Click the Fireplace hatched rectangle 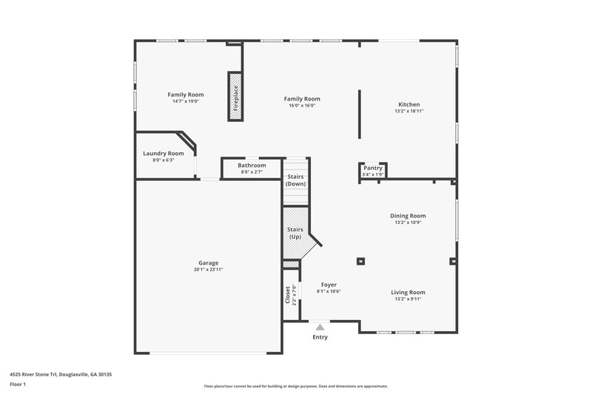point(235,96)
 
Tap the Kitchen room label point(409,105)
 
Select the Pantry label point(373,168)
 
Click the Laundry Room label point(163,153)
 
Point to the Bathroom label point(252,165)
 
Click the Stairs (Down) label point(295,180)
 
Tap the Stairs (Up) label point(295,233)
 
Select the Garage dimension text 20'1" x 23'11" point(208,270)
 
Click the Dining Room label point(408,216)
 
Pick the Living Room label point(408,292)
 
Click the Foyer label point(329,285)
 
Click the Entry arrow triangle point(320,326)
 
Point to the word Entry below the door point(320,337)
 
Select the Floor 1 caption point(18,384)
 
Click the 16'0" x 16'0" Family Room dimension point(302,106)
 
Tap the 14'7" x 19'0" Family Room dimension point(185,101)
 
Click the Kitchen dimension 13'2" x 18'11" point(409,112)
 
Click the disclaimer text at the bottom point(296,386)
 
